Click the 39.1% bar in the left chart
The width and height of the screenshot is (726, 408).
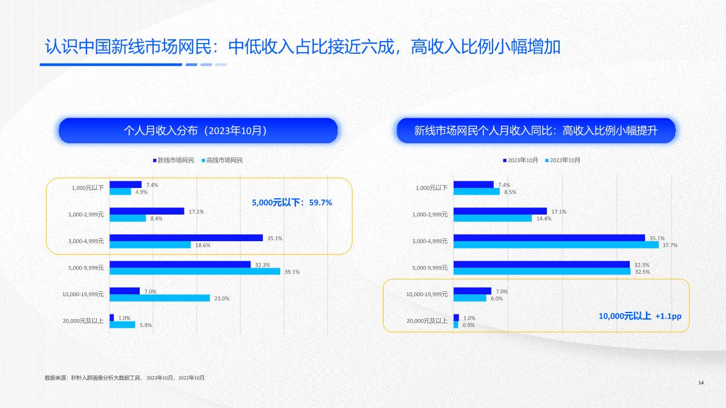(194, 271)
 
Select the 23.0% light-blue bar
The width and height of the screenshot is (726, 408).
(159, 298)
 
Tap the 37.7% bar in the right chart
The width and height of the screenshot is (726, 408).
(555, 245)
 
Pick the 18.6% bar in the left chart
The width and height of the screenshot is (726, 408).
(149, 245)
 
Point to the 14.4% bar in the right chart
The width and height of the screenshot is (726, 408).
(492, 218)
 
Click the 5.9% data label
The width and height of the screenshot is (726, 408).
(146, 325)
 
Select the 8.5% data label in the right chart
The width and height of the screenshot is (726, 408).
(510, 192)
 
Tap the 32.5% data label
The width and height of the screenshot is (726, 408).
(642, 272)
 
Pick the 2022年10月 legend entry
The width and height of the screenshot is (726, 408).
(564, 160)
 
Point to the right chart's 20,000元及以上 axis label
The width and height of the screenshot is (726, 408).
(427, 321)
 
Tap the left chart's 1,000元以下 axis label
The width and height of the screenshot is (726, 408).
(88, 188)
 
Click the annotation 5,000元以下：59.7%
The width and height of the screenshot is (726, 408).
(292, 202)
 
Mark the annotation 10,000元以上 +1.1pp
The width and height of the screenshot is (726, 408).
(644, 316)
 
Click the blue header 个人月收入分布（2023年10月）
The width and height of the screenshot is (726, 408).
(197, 131)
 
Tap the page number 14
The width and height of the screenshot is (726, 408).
(701, 383)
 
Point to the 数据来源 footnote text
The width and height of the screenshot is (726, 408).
(125, 378)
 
